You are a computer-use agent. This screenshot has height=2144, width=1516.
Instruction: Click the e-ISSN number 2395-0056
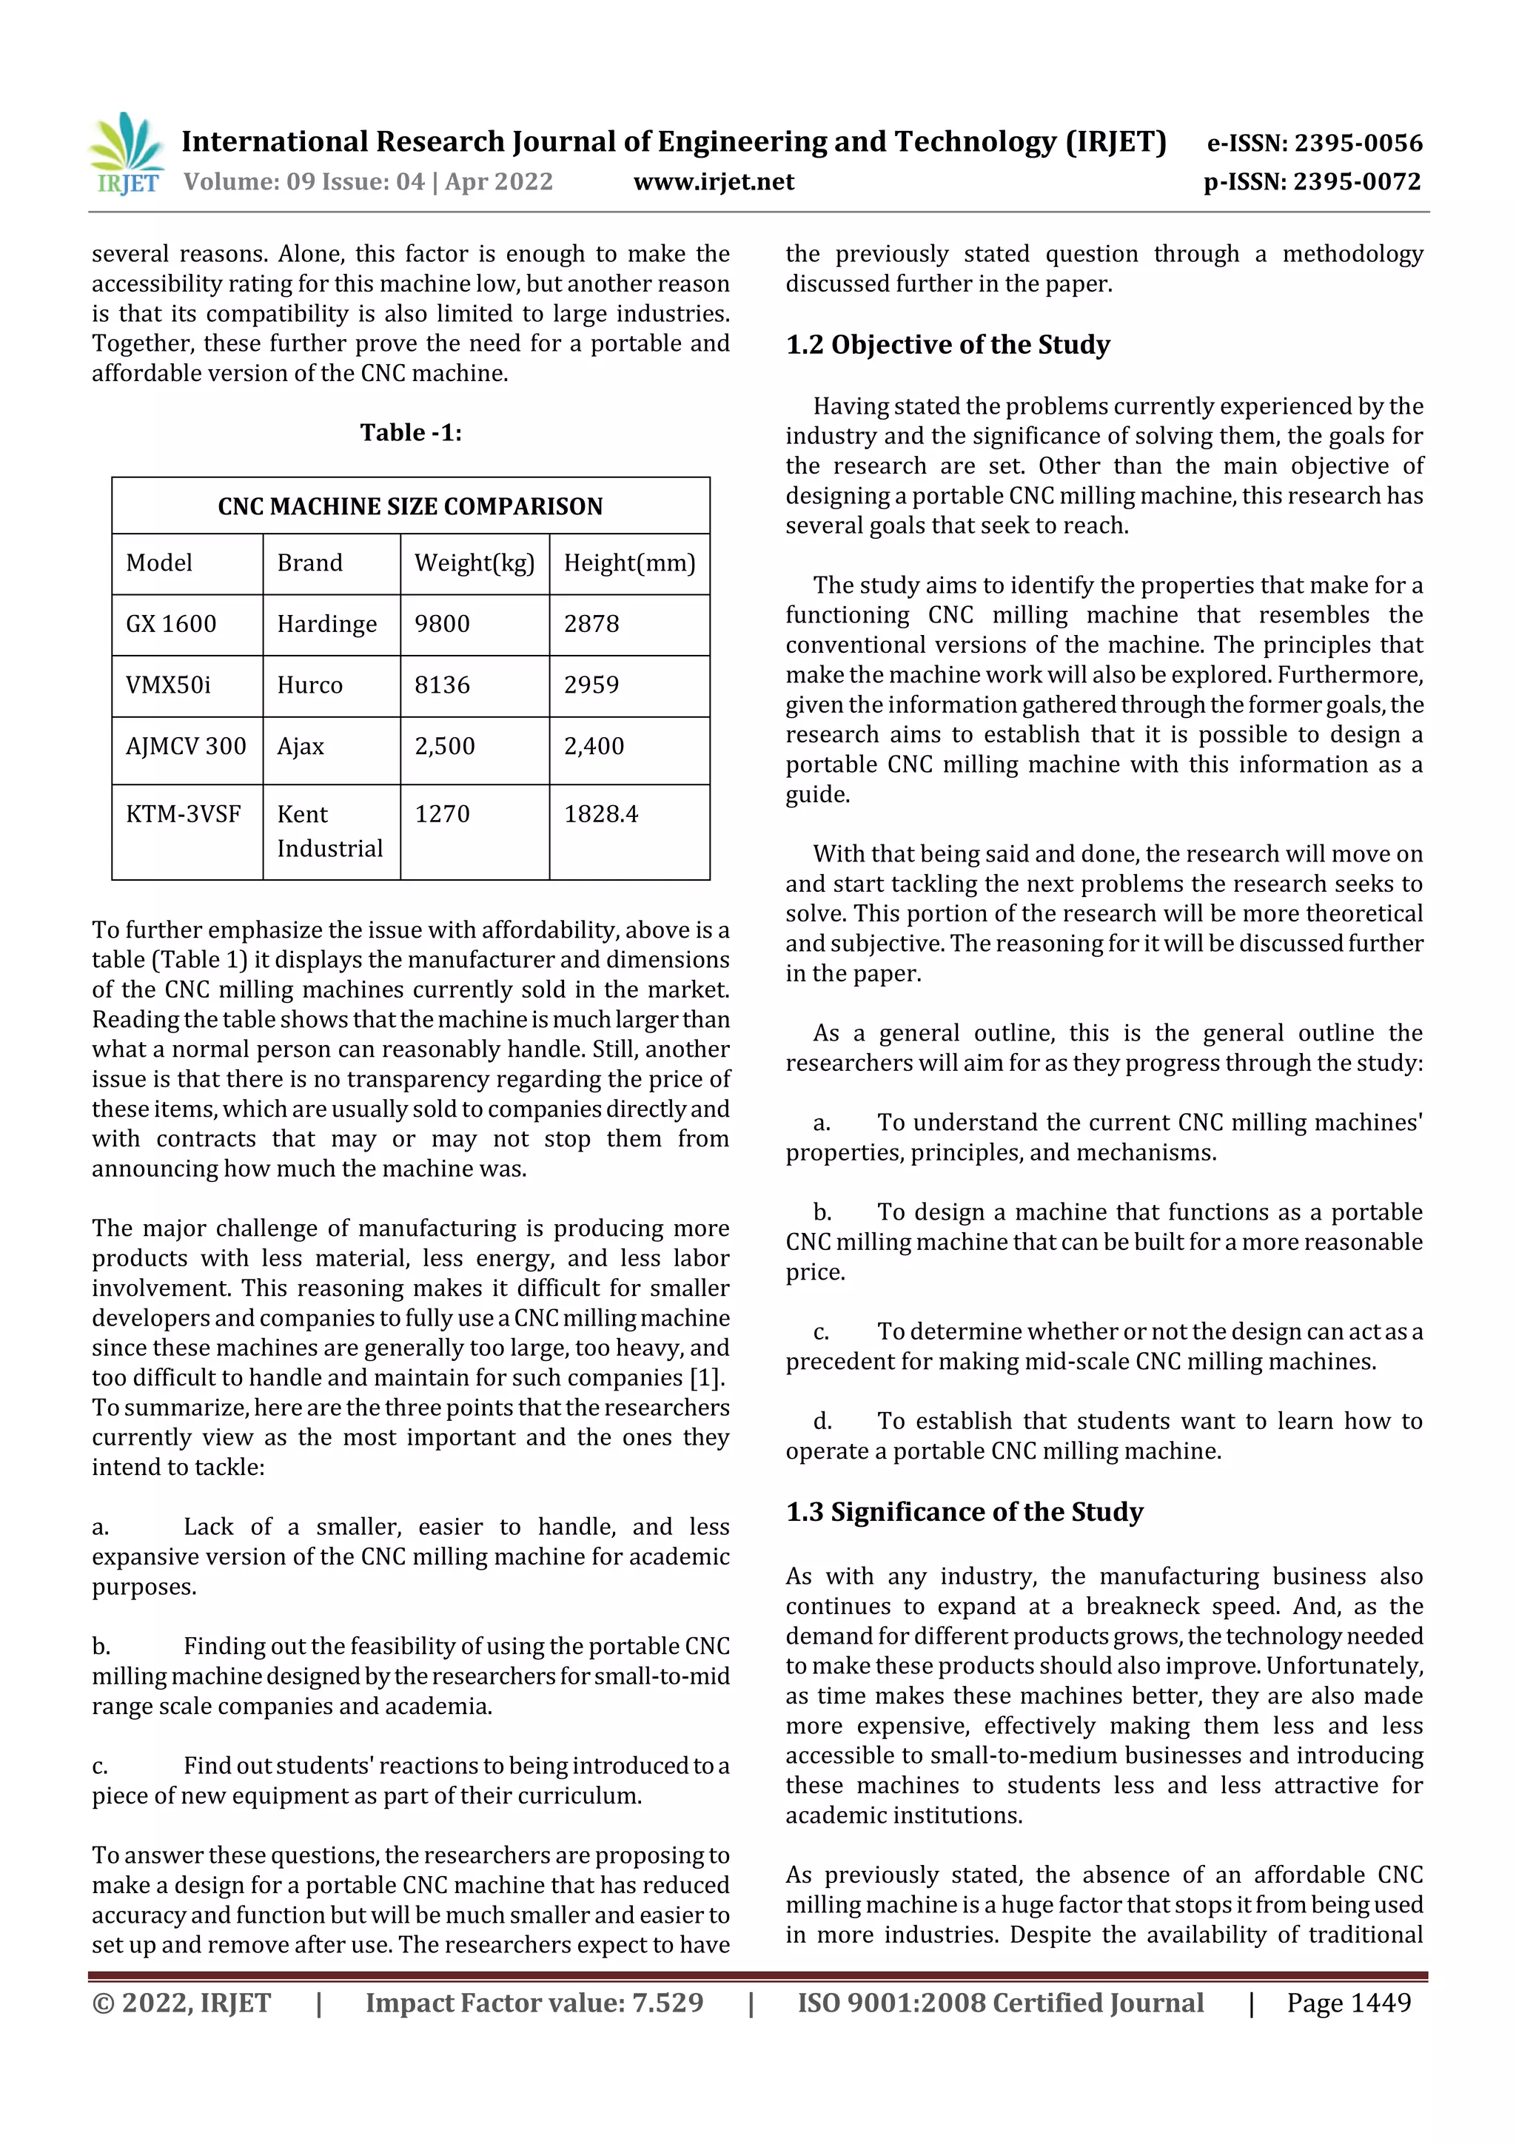point(1358,143)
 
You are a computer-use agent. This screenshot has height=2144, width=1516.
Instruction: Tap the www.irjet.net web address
point(714,181)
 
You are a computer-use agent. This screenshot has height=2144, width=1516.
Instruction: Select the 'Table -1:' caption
point(411,432)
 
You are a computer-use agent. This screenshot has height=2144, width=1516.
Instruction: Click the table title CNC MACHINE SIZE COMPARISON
point(410,506)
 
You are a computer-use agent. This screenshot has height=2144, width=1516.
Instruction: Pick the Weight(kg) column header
point(474,563)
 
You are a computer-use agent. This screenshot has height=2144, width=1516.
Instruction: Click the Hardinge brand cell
point(327,624)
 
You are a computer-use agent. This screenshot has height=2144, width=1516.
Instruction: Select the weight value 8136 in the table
point(442,685)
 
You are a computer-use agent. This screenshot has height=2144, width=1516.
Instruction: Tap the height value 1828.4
point(600,814)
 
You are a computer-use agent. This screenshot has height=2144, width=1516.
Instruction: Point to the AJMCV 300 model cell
point(186,746)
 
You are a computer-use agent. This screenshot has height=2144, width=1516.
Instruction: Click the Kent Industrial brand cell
point(329,831)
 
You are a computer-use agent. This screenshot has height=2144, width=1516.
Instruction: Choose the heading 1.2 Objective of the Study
point(947,345)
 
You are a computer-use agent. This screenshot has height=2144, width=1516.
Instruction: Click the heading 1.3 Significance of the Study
point(964,1512)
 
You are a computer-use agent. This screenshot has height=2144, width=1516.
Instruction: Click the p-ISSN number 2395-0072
point(1356,181)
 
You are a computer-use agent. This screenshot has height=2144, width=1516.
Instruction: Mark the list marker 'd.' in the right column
point(822,1421)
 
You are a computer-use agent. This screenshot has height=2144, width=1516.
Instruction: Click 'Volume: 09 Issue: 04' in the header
point(303,181)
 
